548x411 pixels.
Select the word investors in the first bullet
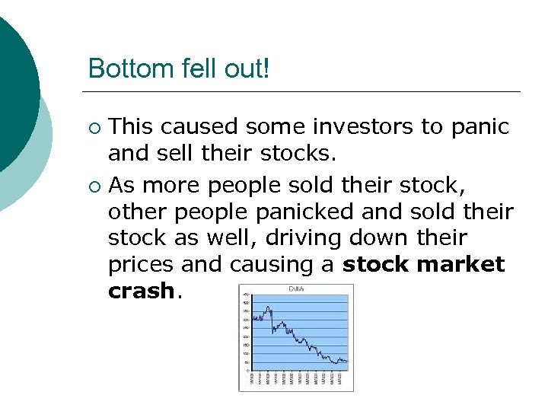pyautogui.click(x=359, y=126)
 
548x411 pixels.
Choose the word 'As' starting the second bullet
pyautogui.click(x=123, y=184)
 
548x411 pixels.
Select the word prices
pyautogui.click(x=142, y=264)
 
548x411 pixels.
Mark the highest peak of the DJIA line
pyautogui.click(x=268, y=307)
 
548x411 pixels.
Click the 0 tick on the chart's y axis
pyautogui.click(x=246, y=371)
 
